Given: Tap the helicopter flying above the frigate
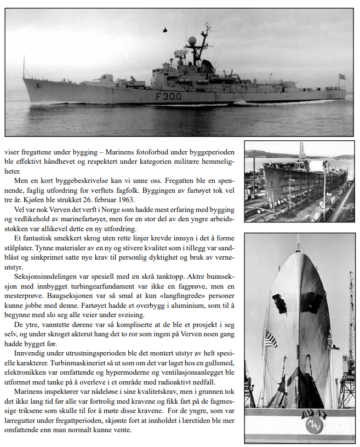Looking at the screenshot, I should pos(165,33).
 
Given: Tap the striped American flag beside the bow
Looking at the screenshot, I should pos(270,338).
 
